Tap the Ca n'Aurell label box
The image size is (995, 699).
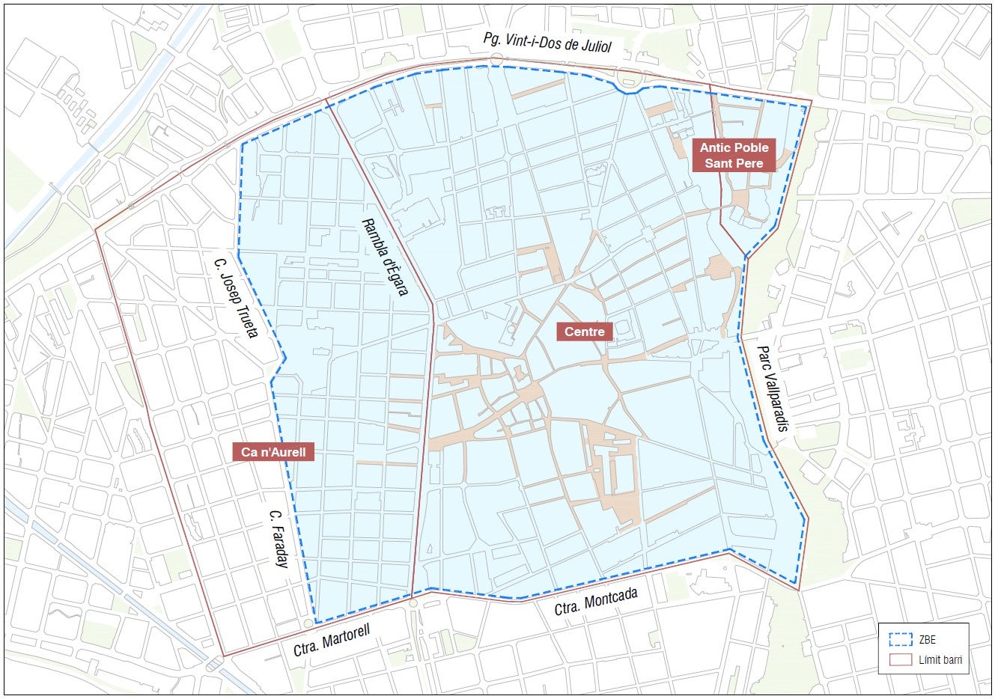click(273, 452)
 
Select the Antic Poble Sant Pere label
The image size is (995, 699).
click(734, 156)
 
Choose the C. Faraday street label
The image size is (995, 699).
click(277, 539)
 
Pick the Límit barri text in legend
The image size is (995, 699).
click(940, 660)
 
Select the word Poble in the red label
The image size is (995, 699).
click(751, 147)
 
